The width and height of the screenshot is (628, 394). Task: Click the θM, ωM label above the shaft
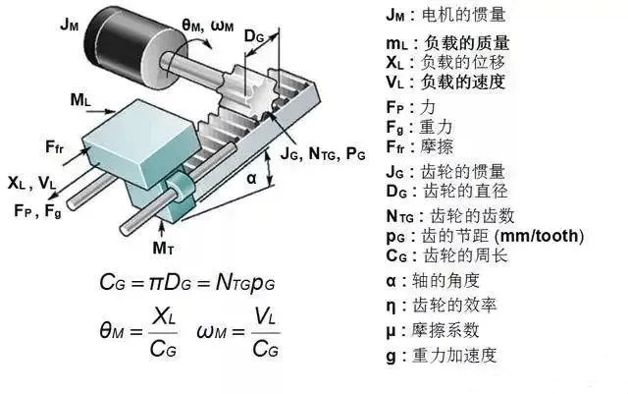point(218,25)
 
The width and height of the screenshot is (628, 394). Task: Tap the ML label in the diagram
point(82,99)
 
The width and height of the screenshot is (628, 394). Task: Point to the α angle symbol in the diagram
point(251,178)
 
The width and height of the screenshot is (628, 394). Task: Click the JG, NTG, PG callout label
point(323,153)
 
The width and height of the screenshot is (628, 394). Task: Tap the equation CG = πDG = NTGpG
point(186,282)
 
